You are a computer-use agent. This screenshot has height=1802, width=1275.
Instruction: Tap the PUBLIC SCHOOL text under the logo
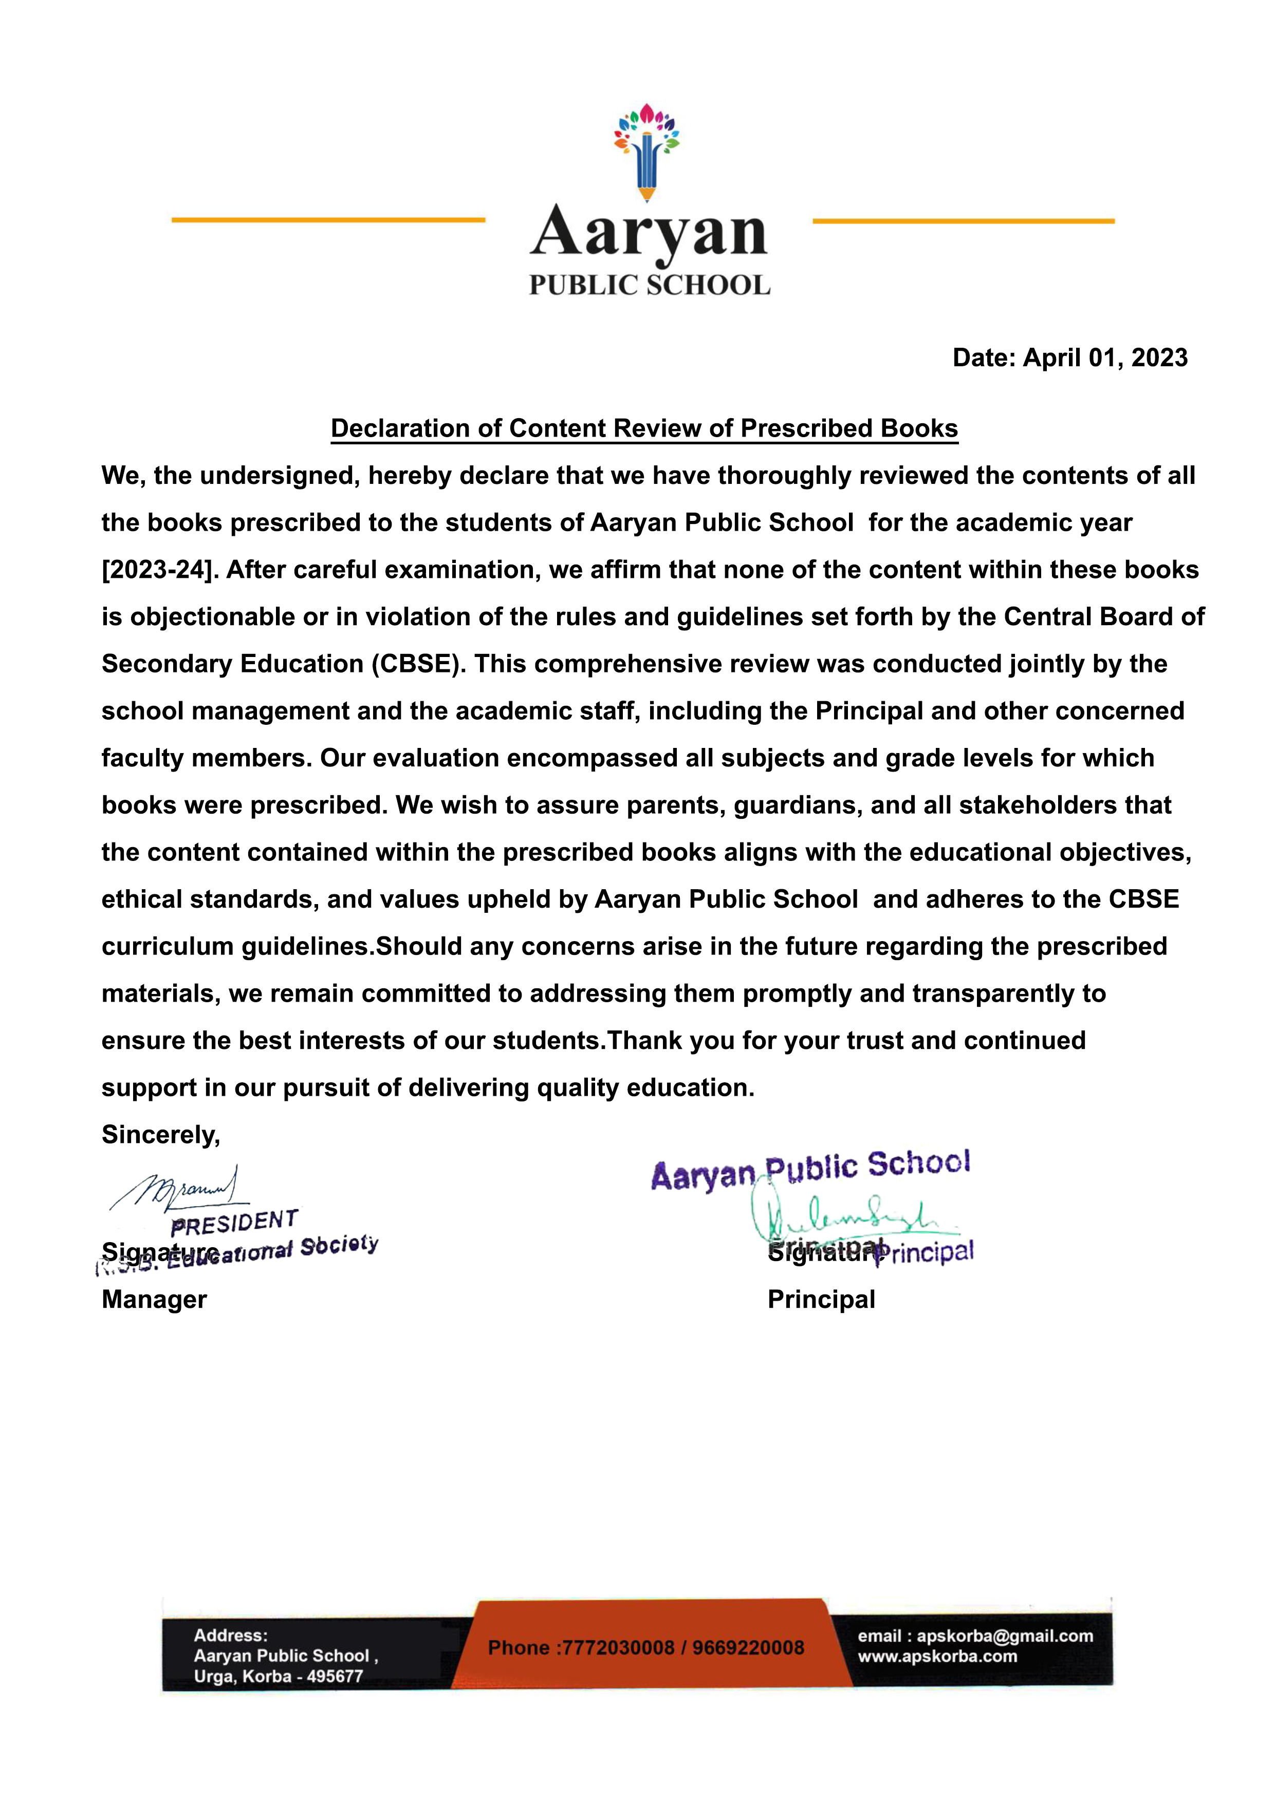pos(649,285)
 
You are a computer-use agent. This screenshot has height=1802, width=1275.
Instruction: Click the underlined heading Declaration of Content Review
pos(644,428)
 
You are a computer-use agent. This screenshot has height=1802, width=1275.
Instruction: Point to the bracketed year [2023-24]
pos(159,570)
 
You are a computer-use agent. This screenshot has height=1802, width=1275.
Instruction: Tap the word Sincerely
pos(161,1135)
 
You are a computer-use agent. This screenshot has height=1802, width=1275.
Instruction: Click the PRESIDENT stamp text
pos(234,1222)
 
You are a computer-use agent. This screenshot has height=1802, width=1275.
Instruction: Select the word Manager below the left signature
pos(154,1300)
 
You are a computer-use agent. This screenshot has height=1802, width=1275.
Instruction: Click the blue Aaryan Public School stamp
pos(810,1170)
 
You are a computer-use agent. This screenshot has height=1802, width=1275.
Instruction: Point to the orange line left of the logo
pos(328,220)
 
